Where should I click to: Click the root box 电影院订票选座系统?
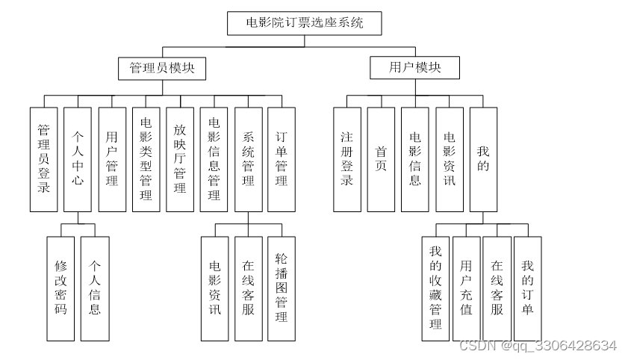pyautogui.click(x=305, y=23)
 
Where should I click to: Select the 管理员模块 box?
pyautogui.click(x=162, y=68)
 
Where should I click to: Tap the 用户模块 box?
pyautogui.click(x=414, y=68)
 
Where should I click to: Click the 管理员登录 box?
pyautogui.click(x=44, y=160)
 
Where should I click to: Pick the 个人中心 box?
pyautogui.click(x=78, y=160)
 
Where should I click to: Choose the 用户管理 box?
pyautogui.click(x=112, y=160)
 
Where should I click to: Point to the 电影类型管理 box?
pyautogui.click(x=146, y=160)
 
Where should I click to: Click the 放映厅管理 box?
pyautogui.click(x=180, y=160)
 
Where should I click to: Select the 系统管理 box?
pyautogui.click(x=248, y=160)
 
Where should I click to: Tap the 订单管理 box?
pyautogui.click(x=282, y=160)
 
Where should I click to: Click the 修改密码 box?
pyautogui.click(x=60, y=288)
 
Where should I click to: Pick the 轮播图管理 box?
pyautogui.click(x=282, y=288)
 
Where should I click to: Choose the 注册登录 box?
pyautogui.click(x=346, y=160)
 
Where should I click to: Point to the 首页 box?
pyautogui.click(x=381, y=160)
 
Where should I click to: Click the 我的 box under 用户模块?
pyautogui.click(x=483, y=160)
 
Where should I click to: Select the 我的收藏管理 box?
pyautogui.click(x=435, y=288)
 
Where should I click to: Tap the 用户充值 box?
pyautogui.click(x=466, y=288)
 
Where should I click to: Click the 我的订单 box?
pyautogui.click(x=527, y=288)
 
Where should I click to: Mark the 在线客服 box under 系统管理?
pyautogui.click(x=248, y=288)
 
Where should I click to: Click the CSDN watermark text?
pyautogui.click(x=537, y=346)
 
